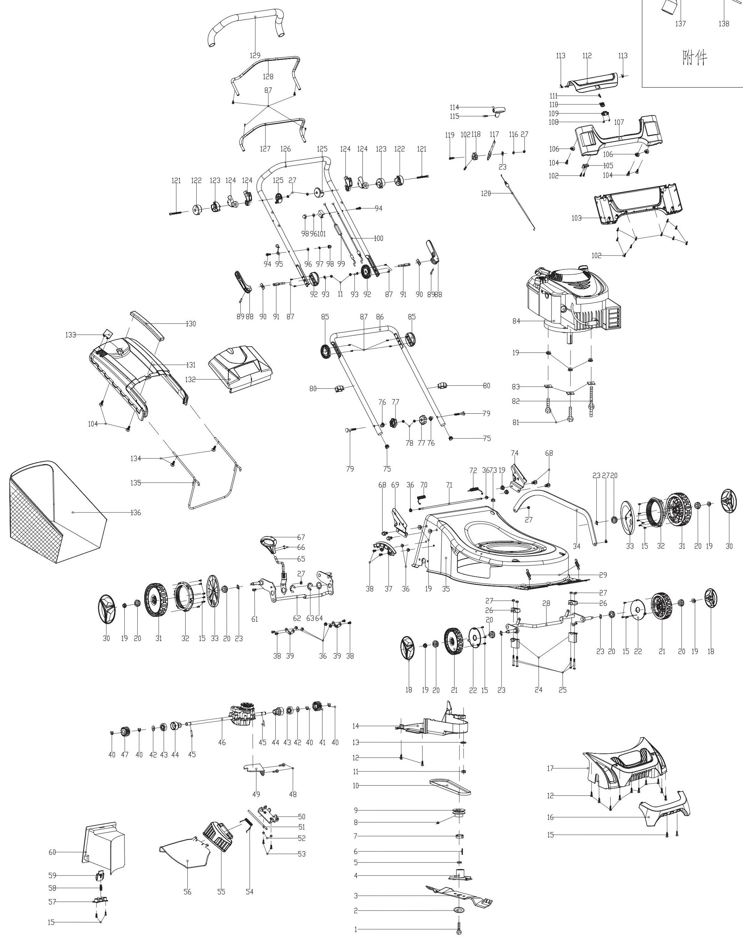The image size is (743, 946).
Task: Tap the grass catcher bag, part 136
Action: [57, 514]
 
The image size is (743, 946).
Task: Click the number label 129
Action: [255, 55]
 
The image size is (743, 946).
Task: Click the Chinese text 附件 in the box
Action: [695, 57]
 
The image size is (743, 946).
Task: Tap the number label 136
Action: [136, 512]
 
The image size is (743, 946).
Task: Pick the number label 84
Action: [516, 321]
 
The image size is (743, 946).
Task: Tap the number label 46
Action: [222, 742]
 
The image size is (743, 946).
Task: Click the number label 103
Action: [577, 218]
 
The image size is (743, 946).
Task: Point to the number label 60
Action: [52, 852]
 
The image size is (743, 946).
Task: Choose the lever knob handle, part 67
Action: [268, 543]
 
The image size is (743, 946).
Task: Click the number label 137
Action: [680, 24]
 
